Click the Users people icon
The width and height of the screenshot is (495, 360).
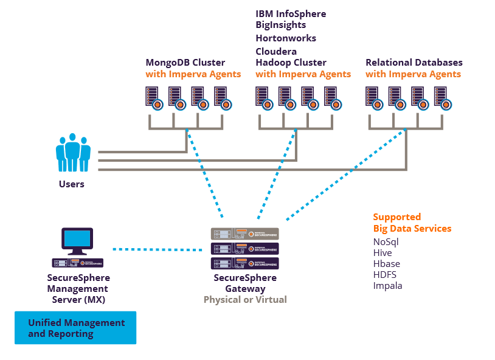73,153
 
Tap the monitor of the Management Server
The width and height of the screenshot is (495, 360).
78,239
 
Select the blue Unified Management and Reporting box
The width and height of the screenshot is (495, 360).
75,328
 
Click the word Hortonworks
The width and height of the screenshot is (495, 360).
286,38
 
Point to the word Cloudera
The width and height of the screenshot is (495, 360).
276,52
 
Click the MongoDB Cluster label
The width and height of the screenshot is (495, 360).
185,63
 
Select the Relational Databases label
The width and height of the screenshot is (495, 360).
414,63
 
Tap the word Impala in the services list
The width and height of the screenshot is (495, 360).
387,286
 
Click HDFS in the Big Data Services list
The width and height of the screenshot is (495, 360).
385,275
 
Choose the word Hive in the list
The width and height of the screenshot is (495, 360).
382,253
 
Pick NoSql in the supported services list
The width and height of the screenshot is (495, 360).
386,242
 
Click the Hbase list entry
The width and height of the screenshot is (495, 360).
386,264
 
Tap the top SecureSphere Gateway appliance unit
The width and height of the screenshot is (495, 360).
244,234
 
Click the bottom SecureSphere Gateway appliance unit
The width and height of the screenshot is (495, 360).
244,263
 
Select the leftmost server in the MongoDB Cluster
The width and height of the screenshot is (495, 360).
153,98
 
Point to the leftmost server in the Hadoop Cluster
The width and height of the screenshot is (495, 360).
263,98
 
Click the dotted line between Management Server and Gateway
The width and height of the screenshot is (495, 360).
157,249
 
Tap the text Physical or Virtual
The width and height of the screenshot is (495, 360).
245,300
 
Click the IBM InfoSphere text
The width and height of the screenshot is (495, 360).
291,13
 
